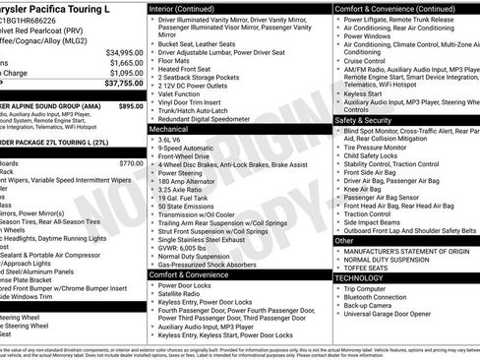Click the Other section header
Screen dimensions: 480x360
point(344,240)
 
